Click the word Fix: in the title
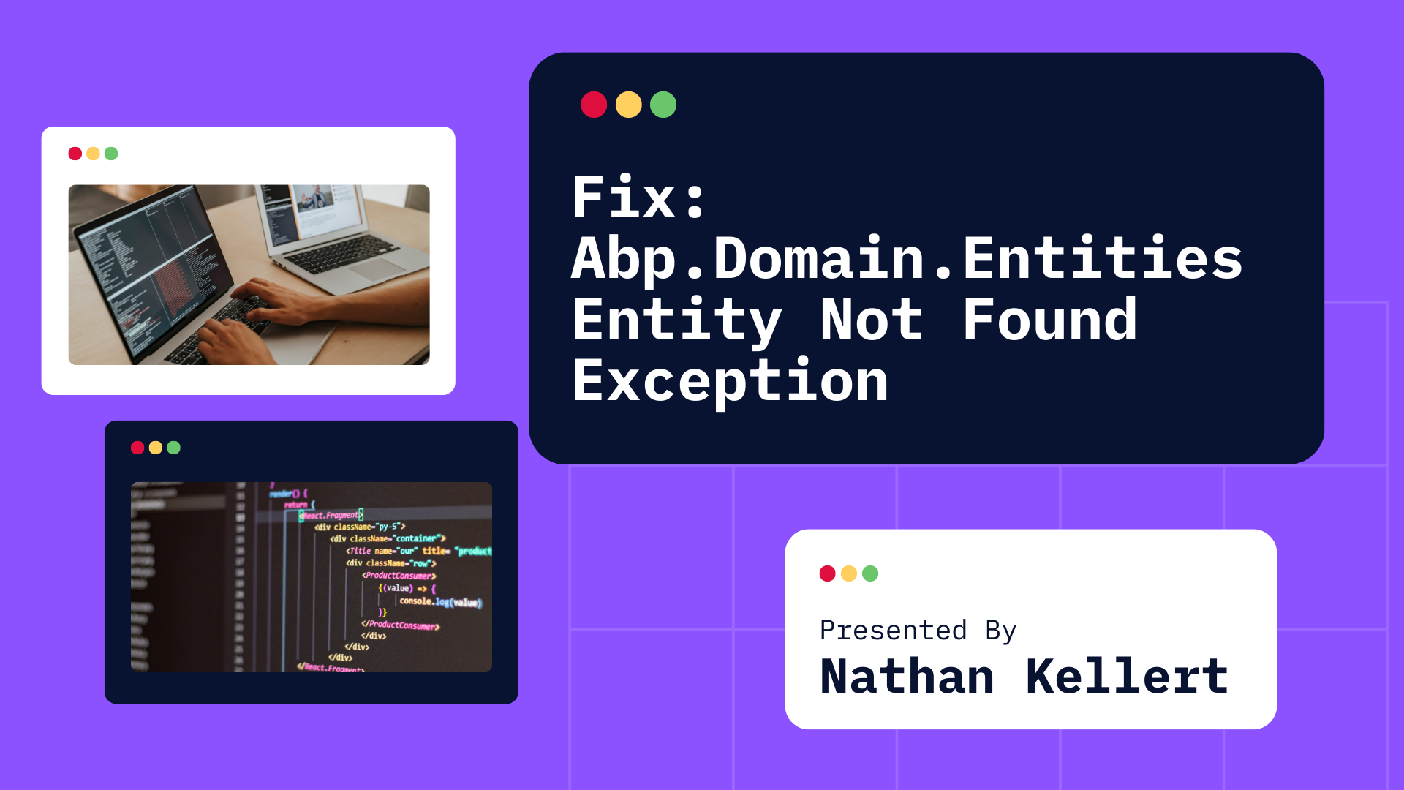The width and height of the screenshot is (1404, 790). tap(638, 197)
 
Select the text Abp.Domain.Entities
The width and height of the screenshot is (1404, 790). tap(907, 259)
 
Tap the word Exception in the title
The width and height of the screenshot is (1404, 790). tap(730, 382)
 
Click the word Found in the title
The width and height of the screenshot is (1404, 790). tap(1049, 320)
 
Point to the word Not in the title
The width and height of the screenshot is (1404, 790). tap(871, 320)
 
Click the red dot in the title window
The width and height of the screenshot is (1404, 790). tap(594, 105)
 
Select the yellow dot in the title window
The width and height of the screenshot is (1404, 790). tap(629, 105)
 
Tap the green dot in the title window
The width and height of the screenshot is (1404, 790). tap(663, 105)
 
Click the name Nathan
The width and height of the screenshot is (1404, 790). tap(907, 677)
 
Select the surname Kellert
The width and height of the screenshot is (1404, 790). tap(1126, 677)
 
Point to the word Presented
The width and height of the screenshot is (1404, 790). tap(893, 630)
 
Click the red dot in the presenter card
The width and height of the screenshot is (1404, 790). tap(828, 573)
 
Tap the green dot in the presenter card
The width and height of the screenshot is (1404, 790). tap(870, 573)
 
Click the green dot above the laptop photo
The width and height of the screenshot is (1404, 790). tap(111, 154)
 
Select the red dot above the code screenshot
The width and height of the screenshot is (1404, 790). tap(137, 448)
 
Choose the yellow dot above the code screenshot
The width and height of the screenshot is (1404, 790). tap(156, 448)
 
